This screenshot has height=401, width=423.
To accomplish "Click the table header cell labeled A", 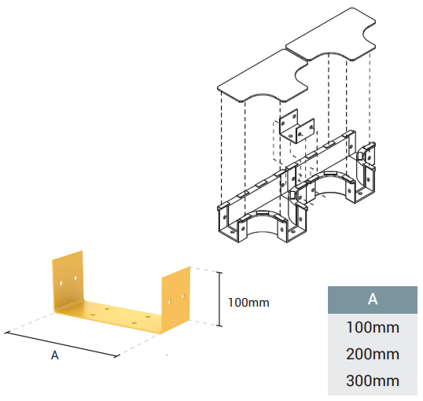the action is [x=372, y=300].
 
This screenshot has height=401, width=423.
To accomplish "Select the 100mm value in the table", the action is [x=373, y=327].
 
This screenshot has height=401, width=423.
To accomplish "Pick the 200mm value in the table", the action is [x=373, y=354].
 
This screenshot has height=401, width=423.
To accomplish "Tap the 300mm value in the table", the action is [x=373, y=381].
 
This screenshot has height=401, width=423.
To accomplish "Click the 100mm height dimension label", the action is [x=248, y=303].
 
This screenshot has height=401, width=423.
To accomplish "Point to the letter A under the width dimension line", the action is [x=55, y=355].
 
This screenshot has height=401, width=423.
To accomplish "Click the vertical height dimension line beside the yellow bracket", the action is [x=220, y=300].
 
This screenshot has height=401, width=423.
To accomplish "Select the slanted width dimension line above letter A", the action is [x=62, y=344].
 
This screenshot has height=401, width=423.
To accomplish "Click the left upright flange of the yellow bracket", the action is [x=68, y=281].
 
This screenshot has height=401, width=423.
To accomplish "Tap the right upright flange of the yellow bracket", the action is [x=176, y=297].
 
